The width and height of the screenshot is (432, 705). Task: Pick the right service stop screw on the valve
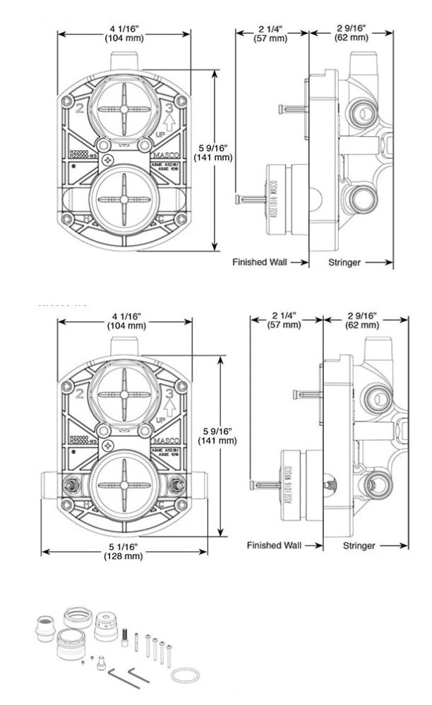click(x=177, y=485)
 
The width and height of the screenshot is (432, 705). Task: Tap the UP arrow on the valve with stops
click(x=169, y=407)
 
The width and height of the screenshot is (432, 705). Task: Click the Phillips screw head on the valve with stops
click(x=107, y=446)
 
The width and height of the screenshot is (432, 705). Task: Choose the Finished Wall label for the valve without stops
click(x=259, y=262)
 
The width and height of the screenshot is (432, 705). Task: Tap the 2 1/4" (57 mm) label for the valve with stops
click(x=284, y=320)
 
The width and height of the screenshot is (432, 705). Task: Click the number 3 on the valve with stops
click(x=169, y=390)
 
